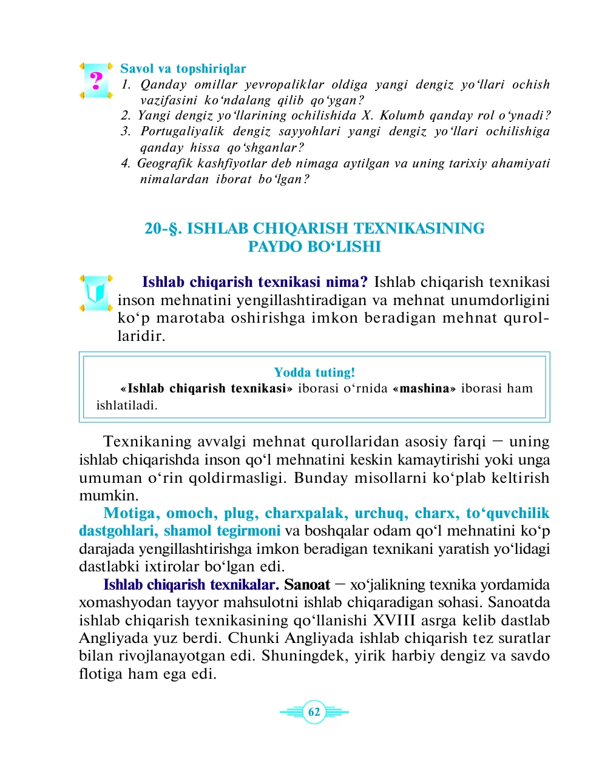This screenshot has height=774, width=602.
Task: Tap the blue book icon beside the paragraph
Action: click(x=96, y=293)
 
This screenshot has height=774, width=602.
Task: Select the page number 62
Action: click(x=314, y=712)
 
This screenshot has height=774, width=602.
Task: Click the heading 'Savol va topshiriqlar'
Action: click(x=183, y=69)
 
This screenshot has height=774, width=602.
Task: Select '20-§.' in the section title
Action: click(x=163, y=229)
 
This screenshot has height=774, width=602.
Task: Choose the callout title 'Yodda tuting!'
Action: click(x=314, y=372)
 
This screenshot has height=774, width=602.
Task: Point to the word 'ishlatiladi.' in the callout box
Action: click(x=127, y=405)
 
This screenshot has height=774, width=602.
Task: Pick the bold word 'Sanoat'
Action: click(x=306, y=585)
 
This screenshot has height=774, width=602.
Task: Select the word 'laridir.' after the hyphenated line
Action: click(x=141, y=336)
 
